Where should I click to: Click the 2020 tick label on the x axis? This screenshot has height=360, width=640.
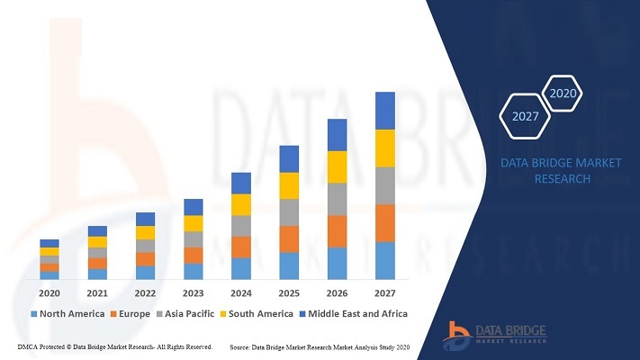[50, 293]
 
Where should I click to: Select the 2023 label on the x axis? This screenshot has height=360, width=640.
[194, 293]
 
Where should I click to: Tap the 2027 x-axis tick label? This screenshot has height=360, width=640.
[385, 293]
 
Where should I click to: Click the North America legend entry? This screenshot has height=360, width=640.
[68, 314]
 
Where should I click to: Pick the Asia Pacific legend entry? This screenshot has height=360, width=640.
[185, 314]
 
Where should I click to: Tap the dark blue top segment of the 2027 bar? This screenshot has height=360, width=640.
[385, 110]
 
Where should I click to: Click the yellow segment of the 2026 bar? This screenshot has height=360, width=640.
[338, 166]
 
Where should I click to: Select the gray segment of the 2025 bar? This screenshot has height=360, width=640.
[289, 212]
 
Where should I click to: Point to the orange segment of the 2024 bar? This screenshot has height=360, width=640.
[241, 247]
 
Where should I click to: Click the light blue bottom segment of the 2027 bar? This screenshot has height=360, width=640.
[385, 261]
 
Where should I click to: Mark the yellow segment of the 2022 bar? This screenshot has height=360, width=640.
[145, 232]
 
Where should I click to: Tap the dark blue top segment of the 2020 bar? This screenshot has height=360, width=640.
[50, 243]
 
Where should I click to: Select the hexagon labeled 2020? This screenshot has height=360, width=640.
[563, 93]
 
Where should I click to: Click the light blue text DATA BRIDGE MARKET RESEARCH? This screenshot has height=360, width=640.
[562, 170]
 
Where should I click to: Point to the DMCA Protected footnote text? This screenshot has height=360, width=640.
[115, 346]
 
